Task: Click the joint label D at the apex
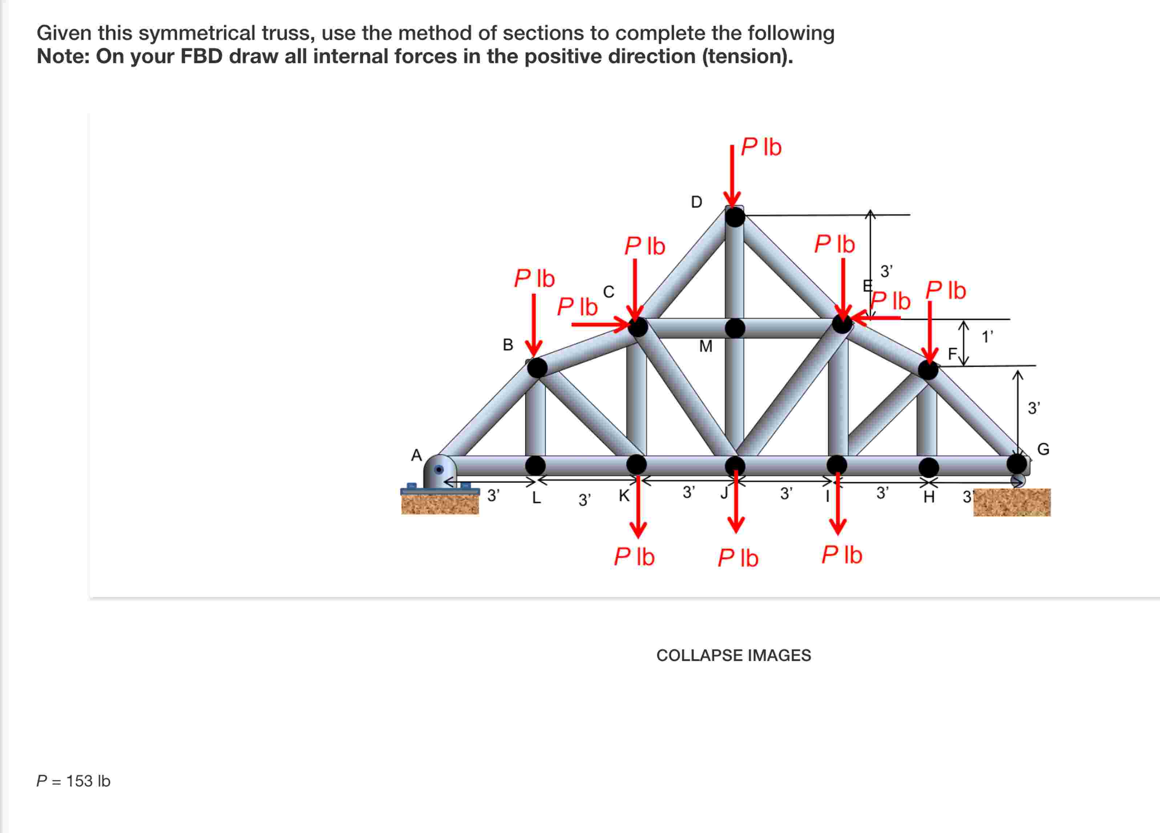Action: click(696, 202)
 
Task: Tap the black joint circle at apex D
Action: click(735, 217)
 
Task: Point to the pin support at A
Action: click(439, 471)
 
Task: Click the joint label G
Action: click(1043, 450)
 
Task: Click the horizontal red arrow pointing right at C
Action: click(601, 324)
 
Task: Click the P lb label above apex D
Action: click(761, 147)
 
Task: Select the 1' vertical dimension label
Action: click(987, 337)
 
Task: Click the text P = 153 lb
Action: click(73, 781)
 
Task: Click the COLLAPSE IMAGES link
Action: click(733, 655)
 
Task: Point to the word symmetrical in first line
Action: click(197, 33)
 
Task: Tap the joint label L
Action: click(536, 497)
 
